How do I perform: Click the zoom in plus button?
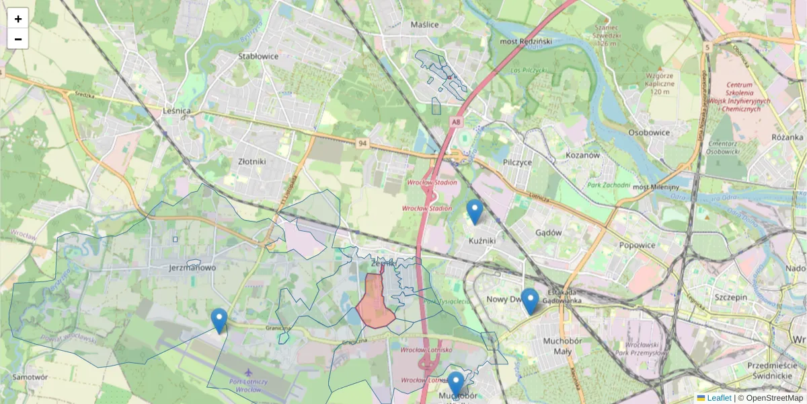click(x=17, y=18)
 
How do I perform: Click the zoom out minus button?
click(x=17, y=39)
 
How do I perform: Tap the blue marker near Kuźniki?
click(x=475, y=211)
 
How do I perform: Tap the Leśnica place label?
click(x=178, y=110)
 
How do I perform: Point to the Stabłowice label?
click(x=258, y=57)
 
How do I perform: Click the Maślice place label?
click(x=424, y=25)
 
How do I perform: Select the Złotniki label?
click(x=252, y=162)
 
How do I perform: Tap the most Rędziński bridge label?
click(x=526, y=42)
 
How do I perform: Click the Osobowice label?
click(x=649, y=133)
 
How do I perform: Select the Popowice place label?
click(x=637, y=245)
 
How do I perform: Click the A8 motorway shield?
click(x=457, y=122)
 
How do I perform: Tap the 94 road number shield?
click(x=363, y=143)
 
